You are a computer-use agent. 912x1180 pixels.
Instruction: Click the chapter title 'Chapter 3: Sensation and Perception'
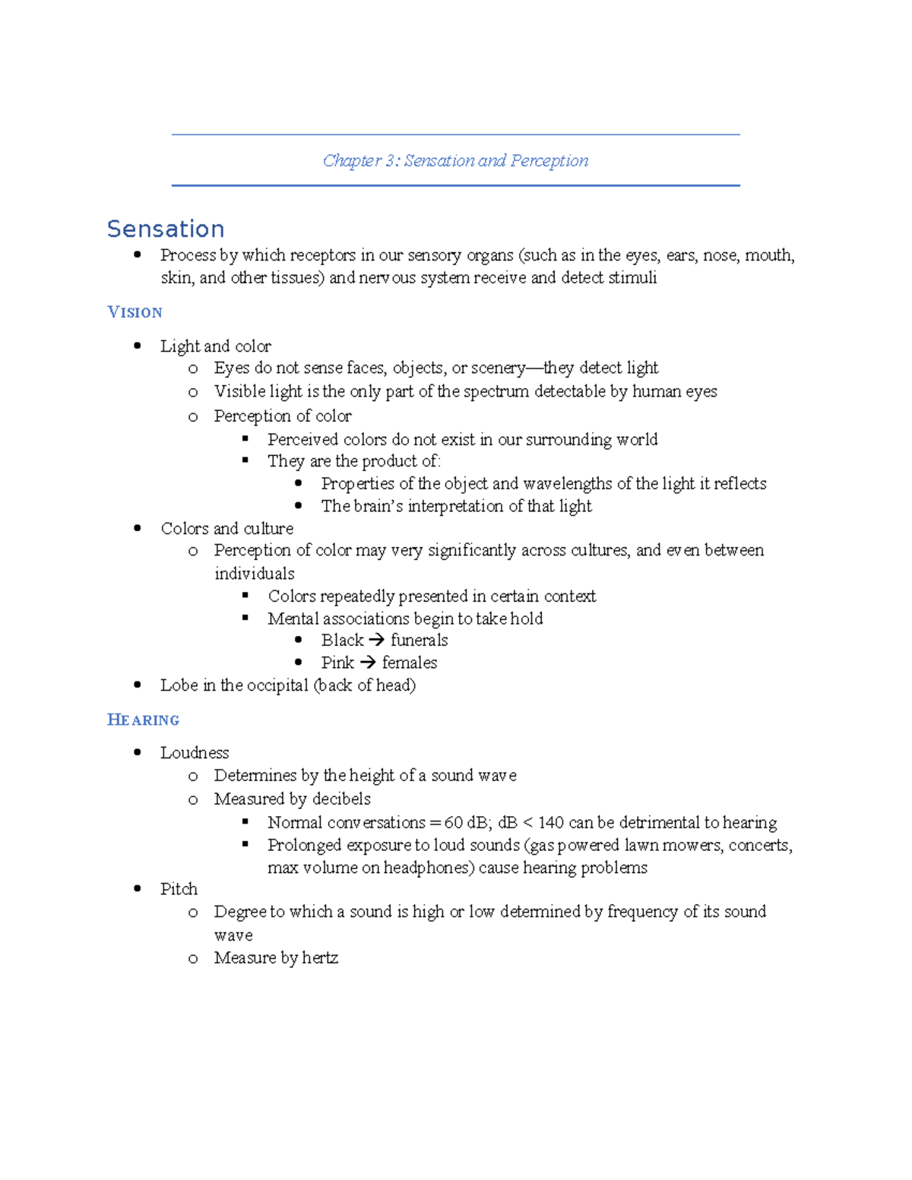[455, 160]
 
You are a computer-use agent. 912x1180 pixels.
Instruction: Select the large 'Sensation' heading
[166, 229]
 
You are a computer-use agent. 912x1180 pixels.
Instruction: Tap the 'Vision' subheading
[135, 312]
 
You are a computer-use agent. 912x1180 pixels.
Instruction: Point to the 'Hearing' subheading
[144, 720]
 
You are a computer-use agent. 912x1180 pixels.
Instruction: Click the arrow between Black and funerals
[376, 641]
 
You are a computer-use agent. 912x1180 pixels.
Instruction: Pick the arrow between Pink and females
[368, 663]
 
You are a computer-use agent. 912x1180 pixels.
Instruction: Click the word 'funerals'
[419, 641]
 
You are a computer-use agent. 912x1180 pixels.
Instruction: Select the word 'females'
[410, 663]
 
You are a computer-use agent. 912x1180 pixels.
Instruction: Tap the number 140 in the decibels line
[551, 822]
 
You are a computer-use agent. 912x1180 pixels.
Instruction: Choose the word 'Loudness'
[195, 753]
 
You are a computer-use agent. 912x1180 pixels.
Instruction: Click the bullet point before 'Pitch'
[138, 888]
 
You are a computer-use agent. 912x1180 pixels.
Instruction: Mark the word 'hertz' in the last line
[319, 958]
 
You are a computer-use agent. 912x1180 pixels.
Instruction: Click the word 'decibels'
[340, 799]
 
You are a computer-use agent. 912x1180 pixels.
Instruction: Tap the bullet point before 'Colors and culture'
[138, 528]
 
